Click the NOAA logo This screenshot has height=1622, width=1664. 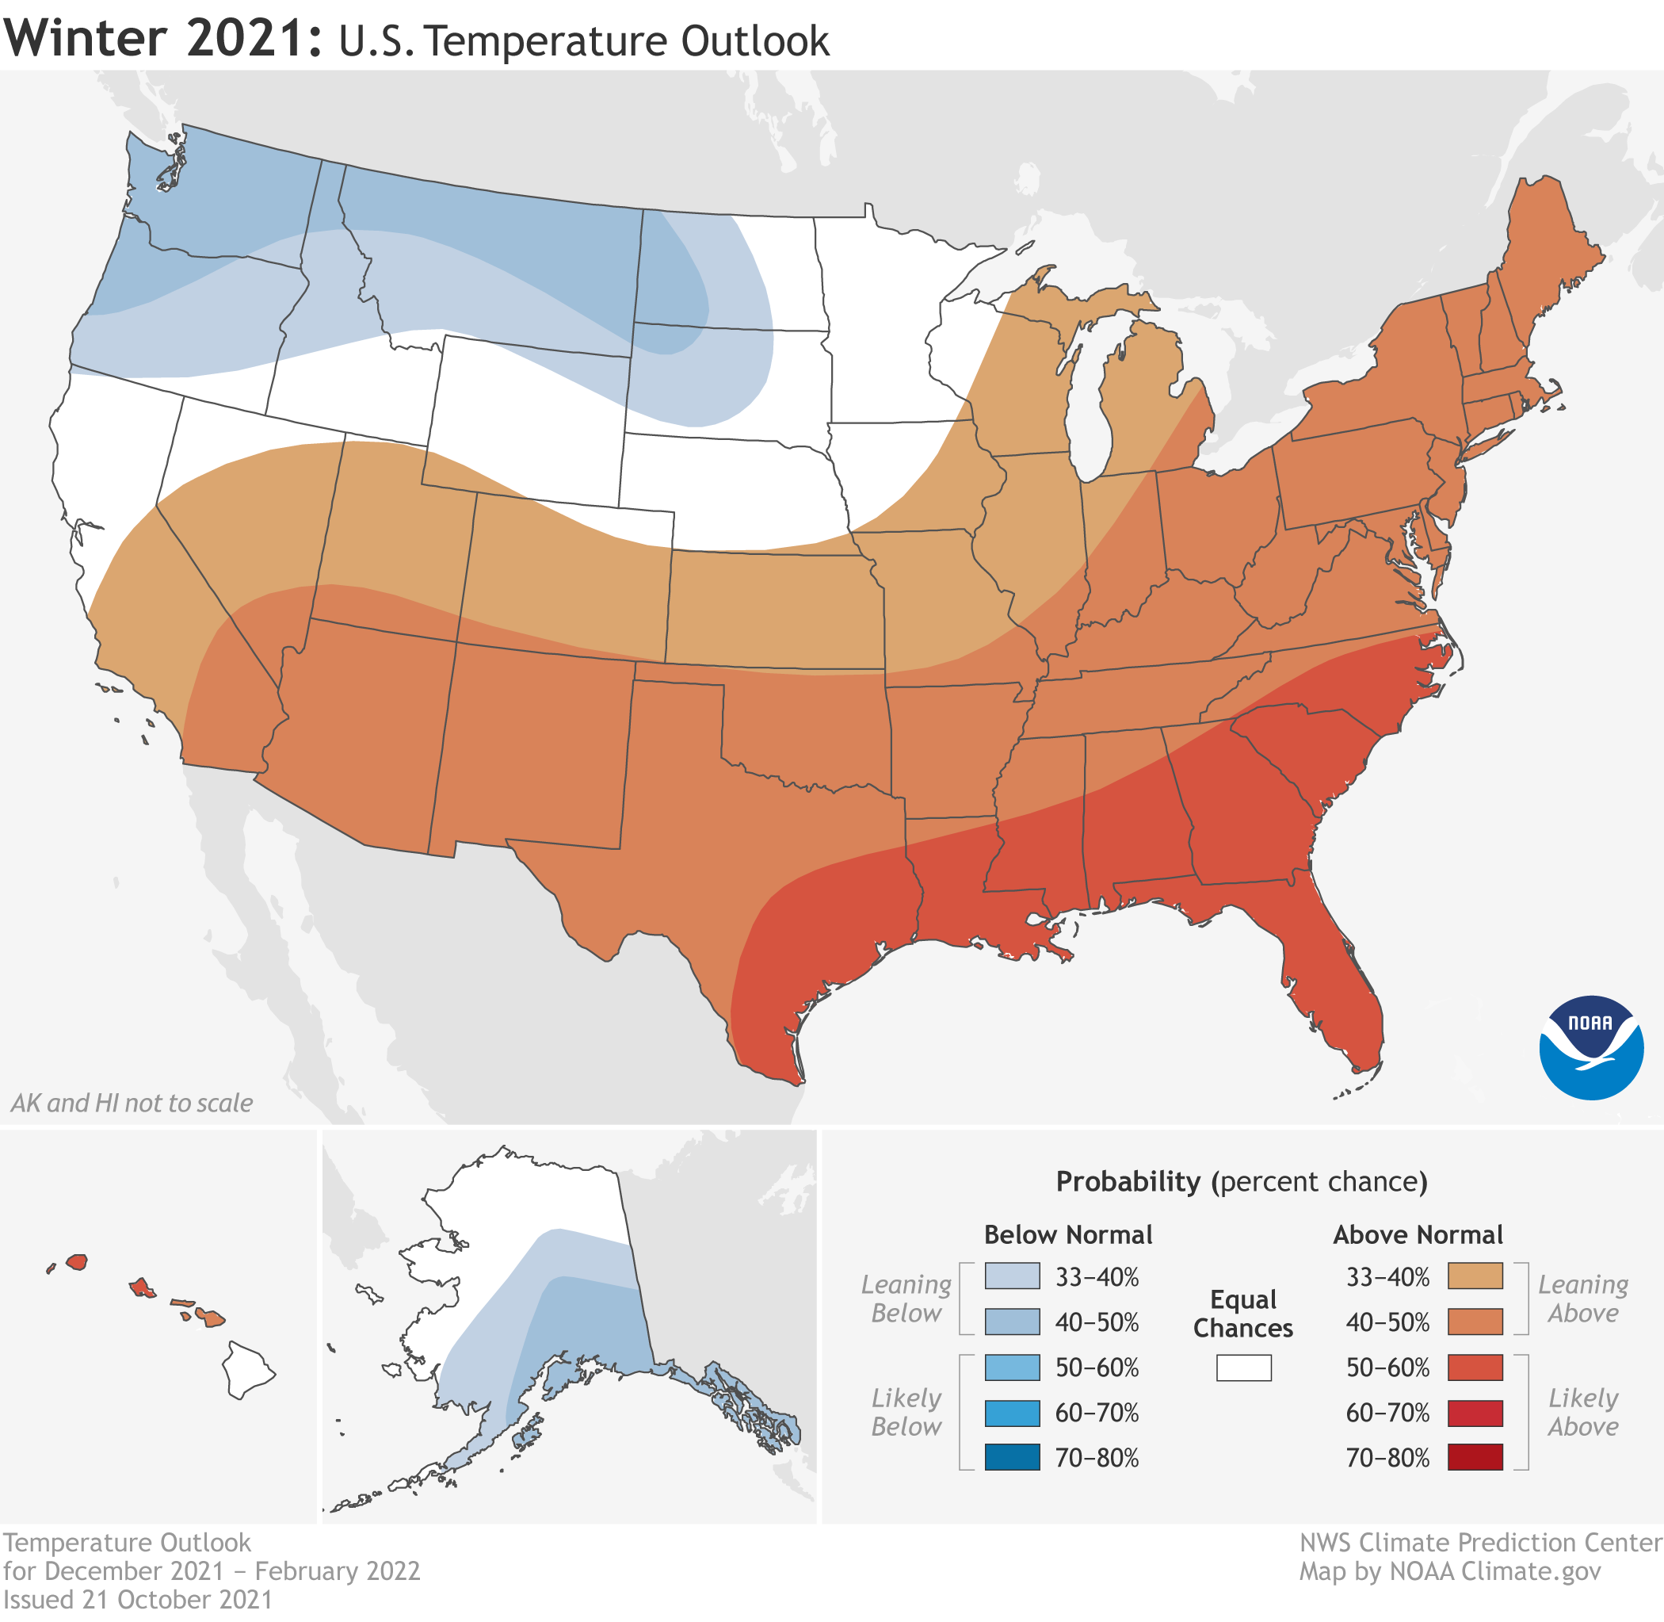1591,1047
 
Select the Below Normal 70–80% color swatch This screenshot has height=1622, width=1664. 1012,1458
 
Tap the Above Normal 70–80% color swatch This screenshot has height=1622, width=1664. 1475,1458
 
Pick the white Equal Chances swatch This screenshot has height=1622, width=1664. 1243,1368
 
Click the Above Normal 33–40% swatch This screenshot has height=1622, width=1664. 1475,1276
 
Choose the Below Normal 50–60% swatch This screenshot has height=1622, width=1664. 1012,1368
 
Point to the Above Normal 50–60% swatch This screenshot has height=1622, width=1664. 1475,1368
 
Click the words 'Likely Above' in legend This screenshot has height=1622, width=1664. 1582,1412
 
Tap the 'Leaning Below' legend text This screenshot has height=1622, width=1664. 906,1299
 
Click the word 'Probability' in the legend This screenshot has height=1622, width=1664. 1128,1181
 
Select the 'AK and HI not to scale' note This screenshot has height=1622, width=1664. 132,1104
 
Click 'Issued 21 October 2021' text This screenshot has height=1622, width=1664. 138,1599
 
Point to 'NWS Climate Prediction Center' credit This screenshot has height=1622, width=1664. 1480,1543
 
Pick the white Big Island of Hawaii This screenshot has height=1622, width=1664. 248,1370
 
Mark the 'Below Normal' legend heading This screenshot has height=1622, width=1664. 1068,1234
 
